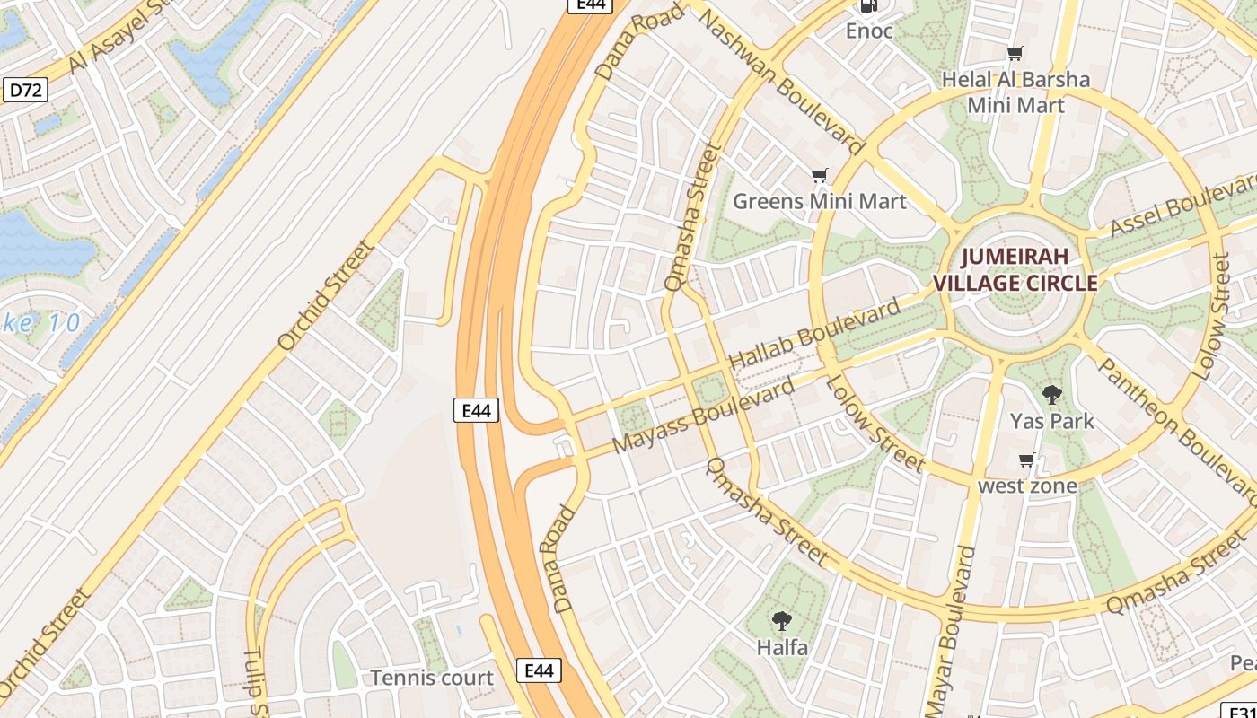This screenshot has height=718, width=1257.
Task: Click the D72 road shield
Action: pyautogui.click(x=25, y=90)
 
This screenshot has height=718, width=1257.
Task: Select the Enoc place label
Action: pyautogui.click(x=869, y=31)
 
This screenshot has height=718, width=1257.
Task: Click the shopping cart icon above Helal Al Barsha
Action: pyautogui.click(x=1015, y=55)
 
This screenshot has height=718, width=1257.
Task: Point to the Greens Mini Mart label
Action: pyautogui.click(x=820, y=201)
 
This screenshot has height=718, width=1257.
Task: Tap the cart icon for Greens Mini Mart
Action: pyautogui.click(x=819, y=175)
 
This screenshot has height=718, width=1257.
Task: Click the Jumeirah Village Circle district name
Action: pyautogui.click(x=1015, y=270)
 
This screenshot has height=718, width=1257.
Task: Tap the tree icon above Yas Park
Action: pyautogui.click(x=1051, y=394)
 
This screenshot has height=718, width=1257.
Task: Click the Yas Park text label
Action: pyautogui.click(x=1051, y=421)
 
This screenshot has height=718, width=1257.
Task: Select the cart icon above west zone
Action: pyautogui.click(x=1026, y=460)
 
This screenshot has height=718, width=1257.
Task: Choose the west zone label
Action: pyautogui.click(x=1027, y=486)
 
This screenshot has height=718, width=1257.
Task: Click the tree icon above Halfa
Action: pyautogui.click(x=782, y=620)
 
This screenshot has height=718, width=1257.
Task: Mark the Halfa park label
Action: pyautogui.click(x=782, y=647)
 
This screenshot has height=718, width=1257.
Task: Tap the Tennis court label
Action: pyautogui.click(x=432, y=678)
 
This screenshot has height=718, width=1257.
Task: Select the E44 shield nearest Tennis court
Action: pyautogui.click(x=539, y=670)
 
